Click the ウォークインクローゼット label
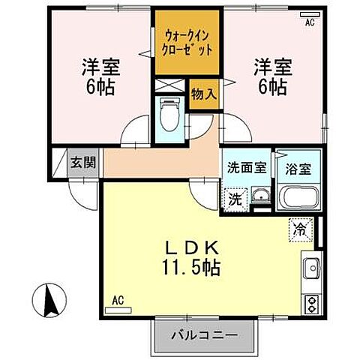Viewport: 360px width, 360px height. [187, 41]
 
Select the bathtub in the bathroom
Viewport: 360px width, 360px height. [298, 198]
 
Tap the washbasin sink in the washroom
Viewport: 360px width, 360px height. [259, 198]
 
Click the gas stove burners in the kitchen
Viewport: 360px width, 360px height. [311, 302]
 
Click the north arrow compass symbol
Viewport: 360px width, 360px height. [51, 302]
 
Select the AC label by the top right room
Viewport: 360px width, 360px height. [308, 24]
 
